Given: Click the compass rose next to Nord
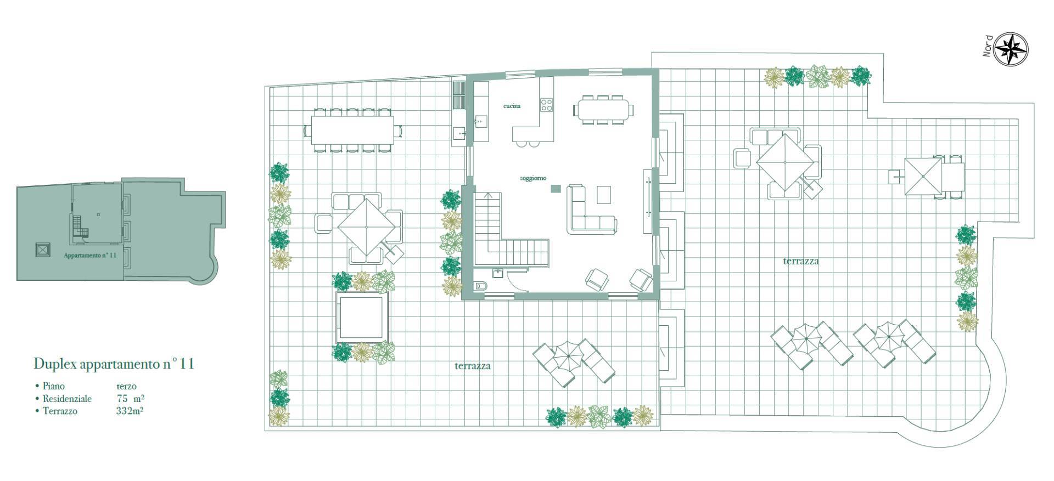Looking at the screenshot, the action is coord(1011,50).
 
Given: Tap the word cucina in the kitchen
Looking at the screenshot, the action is coord(512,106).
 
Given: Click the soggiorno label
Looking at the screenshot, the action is coord(533,178).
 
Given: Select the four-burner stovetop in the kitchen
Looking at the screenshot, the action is coord(546,105).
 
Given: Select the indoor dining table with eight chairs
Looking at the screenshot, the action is coord(603,110).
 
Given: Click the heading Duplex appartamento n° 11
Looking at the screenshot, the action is coord(114,364).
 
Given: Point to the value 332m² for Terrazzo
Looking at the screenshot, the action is coord(130,410).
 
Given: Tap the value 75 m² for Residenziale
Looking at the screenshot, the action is coord(131,398).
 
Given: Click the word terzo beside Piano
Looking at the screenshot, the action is coord(126,386).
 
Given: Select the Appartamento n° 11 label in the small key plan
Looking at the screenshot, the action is coord(90,256).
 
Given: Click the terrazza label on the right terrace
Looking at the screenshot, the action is coord(801,261).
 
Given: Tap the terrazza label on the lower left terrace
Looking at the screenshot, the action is coord(473,366).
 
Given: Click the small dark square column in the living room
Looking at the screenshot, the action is coord(556,189).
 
